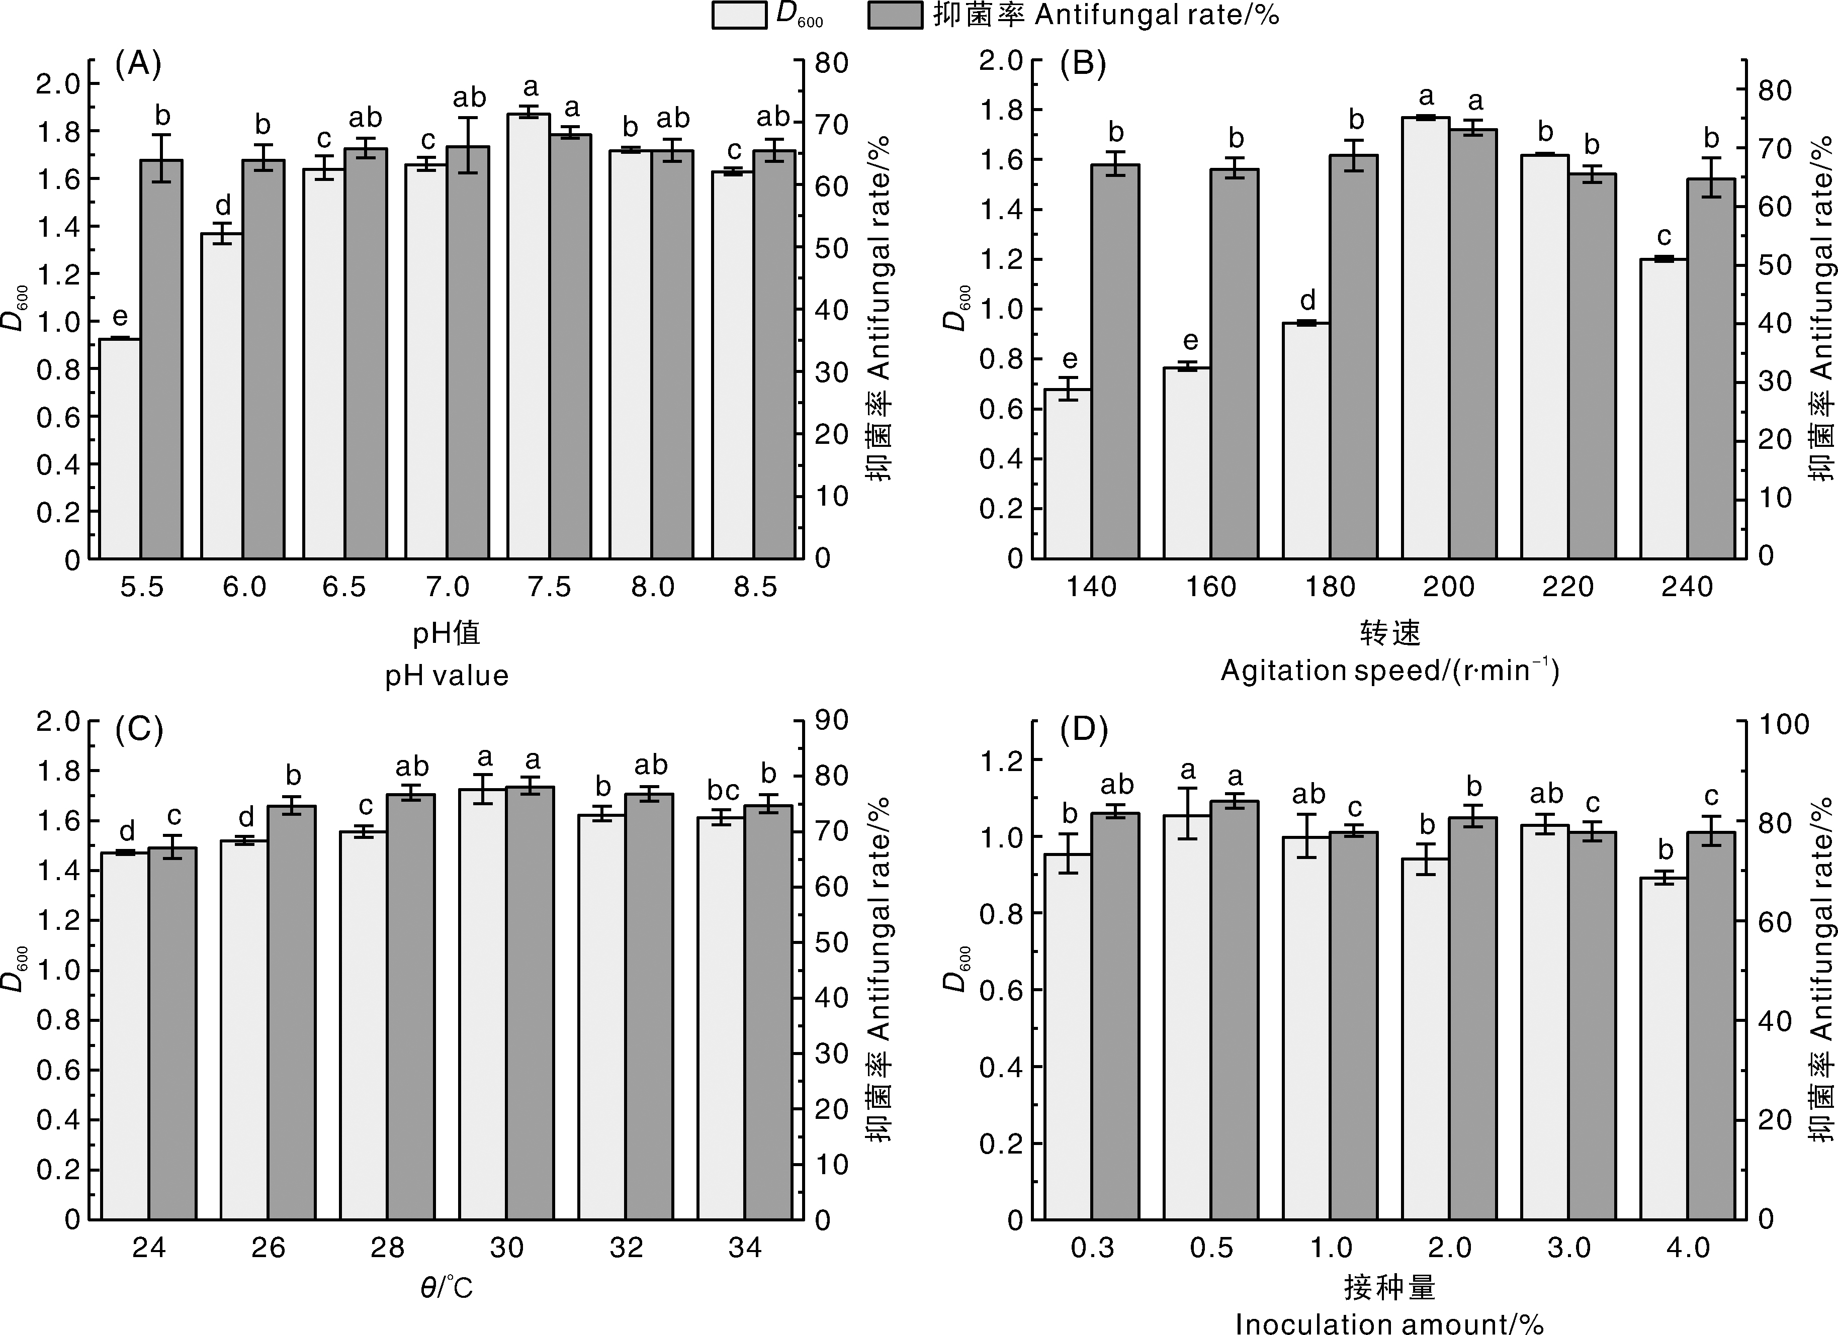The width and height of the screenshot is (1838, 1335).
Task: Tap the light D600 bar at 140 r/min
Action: [x=1067, y=474]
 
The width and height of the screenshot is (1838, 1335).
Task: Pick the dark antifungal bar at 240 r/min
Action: [x=1711, y=368]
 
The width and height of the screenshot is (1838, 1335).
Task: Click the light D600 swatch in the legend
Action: [x=739, y=16]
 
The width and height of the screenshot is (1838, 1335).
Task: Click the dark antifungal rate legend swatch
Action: [x=895, y=16]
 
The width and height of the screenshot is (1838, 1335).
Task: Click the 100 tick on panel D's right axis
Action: [x=1783, y=723]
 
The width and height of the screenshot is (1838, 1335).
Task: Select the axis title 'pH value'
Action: [x=447, y=676]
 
